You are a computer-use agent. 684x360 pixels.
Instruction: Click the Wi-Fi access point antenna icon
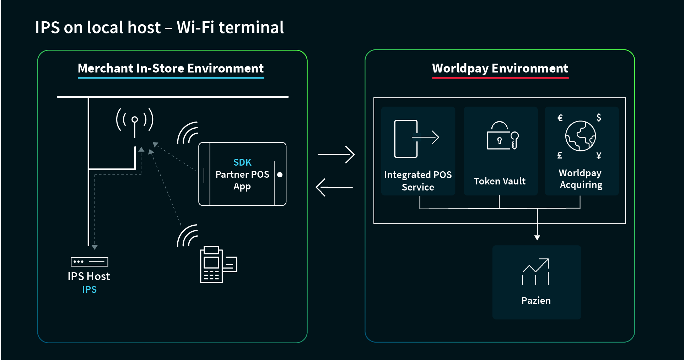(x=135, y=121)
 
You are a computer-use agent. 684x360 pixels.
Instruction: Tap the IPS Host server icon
(x=89, y=262)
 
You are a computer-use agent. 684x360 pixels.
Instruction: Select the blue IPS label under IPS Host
(x=89, y=290)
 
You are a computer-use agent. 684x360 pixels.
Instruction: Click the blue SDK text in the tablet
(x=242, y=162)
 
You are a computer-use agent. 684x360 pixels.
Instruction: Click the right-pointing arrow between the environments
(x=336, y=155)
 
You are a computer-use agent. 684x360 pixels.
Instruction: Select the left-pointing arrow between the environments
(x=334, y=187)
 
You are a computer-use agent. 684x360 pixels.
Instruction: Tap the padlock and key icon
(x=502, y=136)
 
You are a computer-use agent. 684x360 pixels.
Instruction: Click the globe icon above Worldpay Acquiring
(x=580, y=136)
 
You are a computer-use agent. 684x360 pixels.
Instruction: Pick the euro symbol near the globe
(x=560, y=118)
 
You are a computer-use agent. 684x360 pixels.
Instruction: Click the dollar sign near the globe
(x=599, y=118)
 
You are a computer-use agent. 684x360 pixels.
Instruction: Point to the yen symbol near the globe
(x=599, y=156)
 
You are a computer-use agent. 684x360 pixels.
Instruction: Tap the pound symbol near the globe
(x=560, y=155)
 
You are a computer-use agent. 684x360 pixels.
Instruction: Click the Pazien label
(x=536, y=301)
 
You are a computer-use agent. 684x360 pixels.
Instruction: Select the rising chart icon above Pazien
(x=535, y=272)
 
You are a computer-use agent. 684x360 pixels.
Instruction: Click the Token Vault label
(x=500, y=181)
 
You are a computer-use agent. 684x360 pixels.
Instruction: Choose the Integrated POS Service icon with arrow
(x=416, y=139)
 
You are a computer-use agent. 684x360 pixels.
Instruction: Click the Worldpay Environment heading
(x=500, y=68)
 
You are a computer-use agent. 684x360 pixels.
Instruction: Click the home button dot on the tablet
(x=280, y=174)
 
